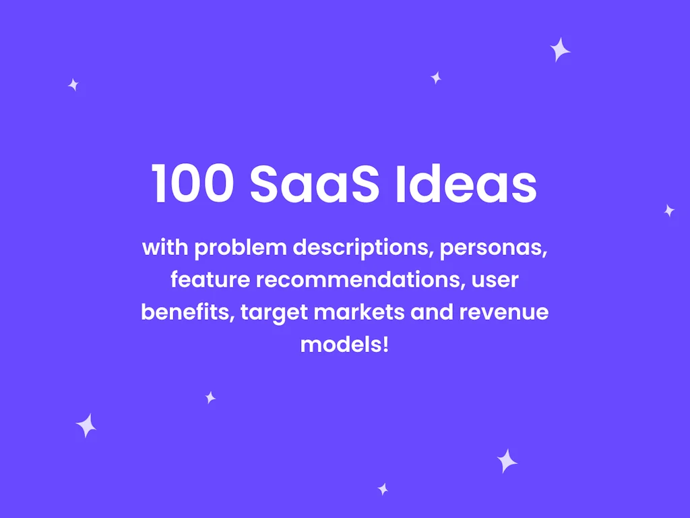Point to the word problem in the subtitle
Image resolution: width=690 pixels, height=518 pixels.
(x=241, y=248)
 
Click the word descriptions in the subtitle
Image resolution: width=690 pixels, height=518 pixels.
(x=363, y=248)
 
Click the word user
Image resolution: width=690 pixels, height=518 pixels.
(x=495, y=279)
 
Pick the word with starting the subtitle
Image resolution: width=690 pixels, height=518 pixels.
(x=166, y=248)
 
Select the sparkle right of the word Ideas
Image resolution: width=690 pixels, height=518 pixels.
(x=669, y=210)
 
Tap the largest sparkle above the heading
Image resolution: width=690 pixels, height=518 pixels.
(x=560, y=50)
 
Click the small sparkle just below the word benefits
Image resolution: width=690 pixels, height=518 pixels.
(x=210, y=397)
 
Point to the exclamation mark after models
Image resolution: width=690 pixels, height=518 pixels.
(x=385, y=345)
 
